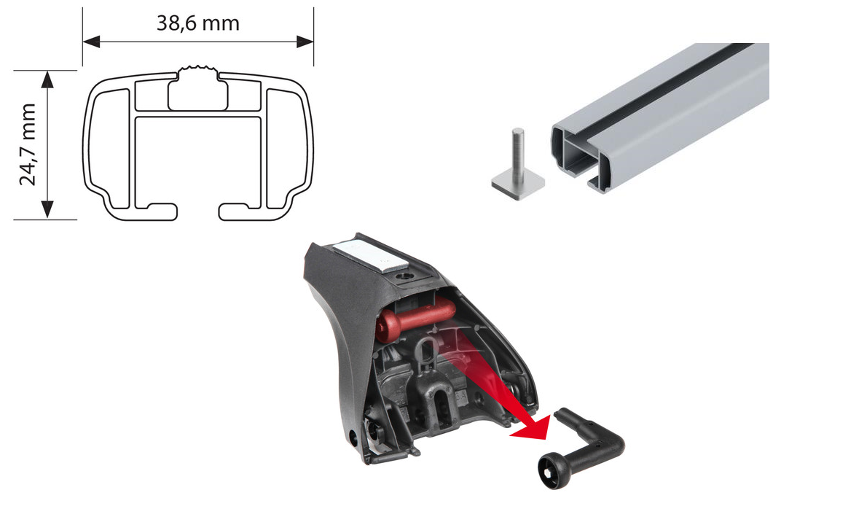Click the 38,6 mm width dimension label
pos(198,23)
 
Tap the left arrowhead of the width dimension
pos(91,42)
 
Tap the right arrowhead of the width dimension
pos(305,42)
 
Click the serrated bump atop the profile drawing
pos(198,73)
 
